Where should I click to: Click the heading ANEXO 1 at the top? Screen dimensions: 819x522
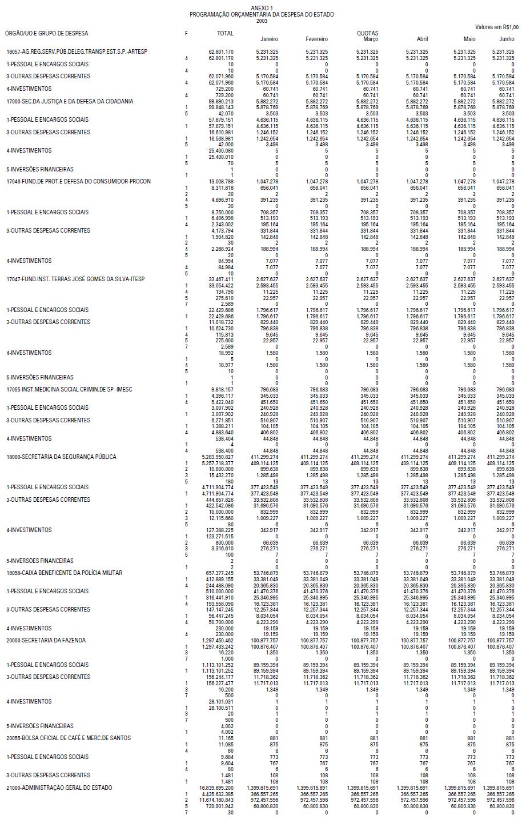[x=262, y=7]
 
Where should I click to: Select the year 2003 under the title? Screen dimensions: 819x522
[x=262, y=21]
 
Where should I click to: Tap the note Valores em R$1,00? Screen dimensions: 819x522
[x=497, y=27]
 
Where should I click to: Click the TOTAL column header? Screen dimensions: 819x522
[x=226, y=33]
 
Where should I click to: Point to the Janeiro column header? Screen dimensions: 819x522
[x=269, y=39]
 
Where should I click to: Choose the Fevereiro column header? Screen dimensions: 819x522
[x=317, y=39]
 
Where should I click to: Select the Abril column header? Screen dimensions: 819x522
[x=422, y=39]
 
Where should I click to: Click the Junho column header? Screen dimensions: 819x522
[x=507, y=39]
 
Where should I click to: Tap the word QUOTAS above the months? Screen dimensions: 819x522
[x=367, y=33]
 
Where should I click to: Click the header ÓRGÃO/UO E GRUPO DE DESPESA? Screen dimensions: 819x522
[x=47, y=33]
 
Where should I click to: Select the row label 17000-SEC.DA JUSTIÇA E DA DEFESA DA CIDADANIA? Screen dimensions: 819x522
[x=70, y=101]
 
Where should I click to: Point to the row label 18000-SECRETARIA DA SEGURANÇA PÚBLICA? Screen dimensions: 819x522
[x=61, y=457]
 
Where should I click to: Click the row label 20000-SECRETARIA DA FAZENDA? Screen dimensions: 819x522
[x=46, y=640]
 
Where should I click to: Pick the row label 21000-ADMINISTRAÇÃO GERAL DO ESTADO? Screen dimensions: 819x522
[x=59, y=788]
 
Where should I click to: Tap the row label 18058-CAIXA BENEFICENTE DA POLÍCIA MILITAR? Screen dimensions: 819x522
[x=64, y=573]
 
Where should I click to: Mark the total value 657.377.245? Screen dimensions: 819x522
[x=219, y=573]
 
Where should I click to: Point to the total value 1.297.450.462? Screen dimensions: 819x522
[x=217, y=641]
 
